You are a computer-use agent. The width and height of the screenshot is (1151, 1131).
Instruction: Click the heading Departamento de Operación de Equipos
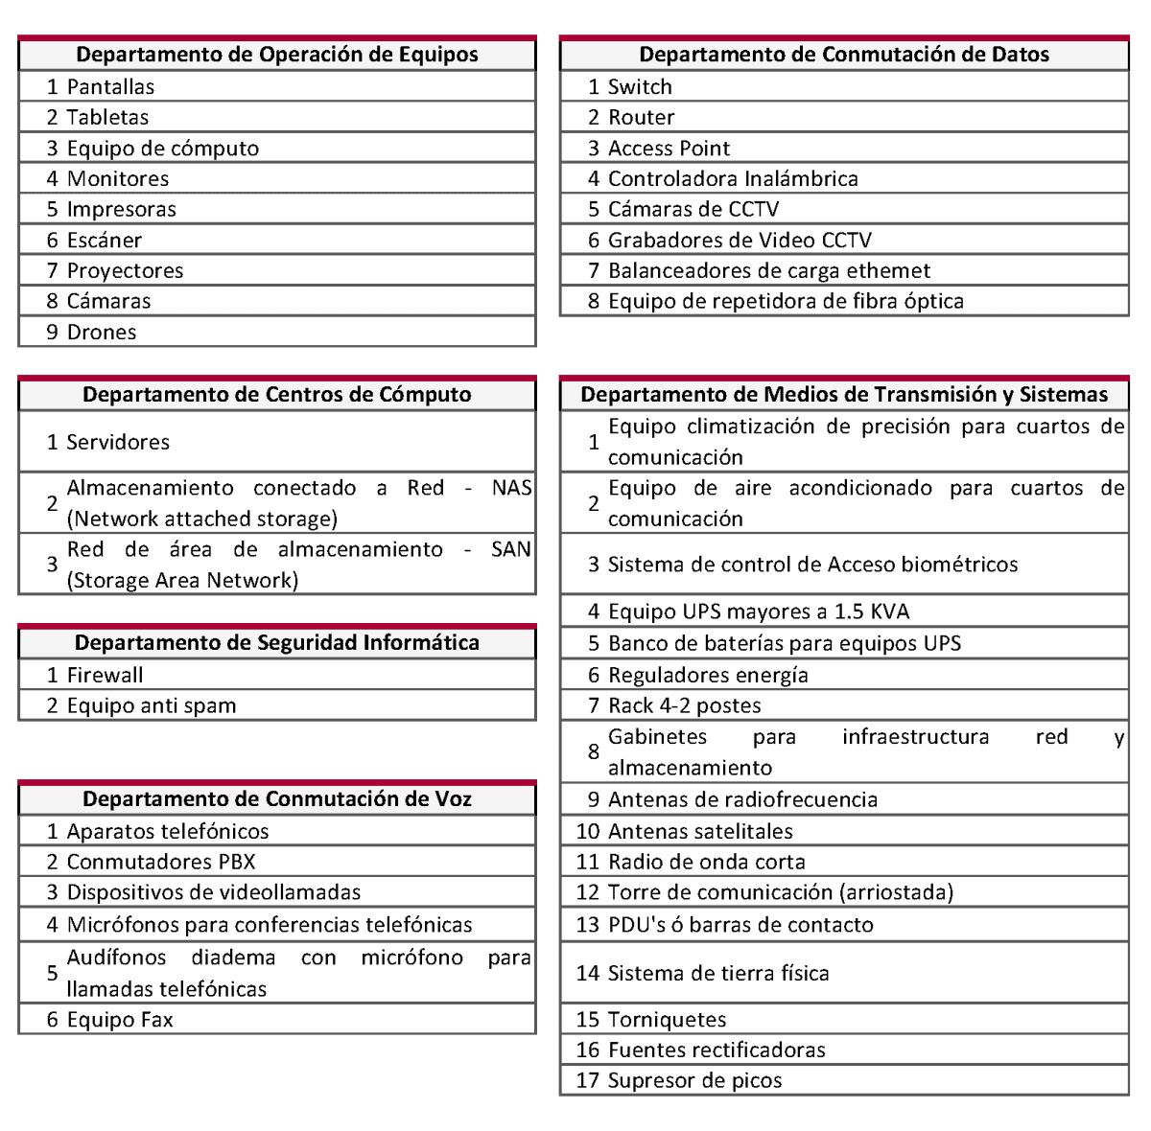[x=276, y=55]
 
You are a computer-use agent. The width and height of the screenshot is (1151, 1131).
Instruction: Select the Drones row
[x=102, y=332]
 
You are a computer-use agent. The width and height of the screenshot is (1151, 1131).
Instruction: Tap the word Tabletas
[x=107, y=117]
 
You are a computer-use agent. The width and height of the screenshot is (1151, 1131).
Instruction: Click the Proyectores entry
[x=125, y=270]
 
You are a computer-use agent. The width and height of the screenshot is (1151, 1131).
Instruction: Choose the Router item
[x=641, y=117]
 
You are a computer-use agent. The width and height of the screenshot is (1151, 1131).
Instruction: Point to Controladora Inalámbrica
[x=733, y=178]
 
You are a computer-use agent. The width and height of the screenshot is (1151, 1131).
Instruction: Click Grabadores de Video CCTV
[x=740, y=240]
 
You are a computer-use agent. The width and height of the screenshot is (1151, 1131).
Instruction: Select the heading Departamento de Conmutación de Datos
[x=844, y=55]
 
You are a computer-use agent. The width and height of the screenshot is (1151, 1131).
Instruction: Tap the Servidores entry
[x=118, y=442]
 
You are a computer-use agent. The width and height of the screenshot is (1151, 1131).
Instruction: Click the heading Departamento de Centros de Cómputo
[x=276, y=395]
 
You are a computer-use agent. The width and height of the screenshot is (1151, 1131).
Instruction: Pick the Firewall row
[x=105, y=675]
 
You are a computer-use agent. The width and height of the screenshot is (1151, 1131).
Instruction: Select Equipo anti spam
[x=152, y=705]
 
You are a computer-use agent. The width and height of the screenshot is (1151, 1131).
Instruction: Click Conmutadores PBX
[x=161, y=862]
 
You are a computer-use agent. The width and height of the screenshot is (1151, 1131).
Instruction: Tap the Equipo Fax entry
[x=120, y=1019]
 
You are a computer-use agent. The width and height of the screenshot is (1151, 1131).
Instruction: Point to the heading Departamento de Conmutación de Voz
[x=276, y=799]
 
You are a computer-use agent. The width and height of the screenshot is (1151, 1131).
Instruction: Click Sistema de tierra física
[x=718, y=973]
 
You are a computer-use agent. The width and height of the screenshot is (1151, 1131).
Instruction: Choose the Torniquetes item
[x=667, y=1019]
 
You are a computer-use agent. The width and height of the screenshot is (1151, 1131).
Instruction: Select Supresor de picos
[x=694, y=1080]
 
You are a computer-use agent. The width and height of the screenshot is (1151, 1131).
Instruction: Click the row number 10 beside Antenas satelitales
[x=588, y=831]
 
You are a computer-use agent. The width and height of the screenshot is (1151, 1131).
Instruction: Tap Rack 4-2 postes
[x=685, y=705]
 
